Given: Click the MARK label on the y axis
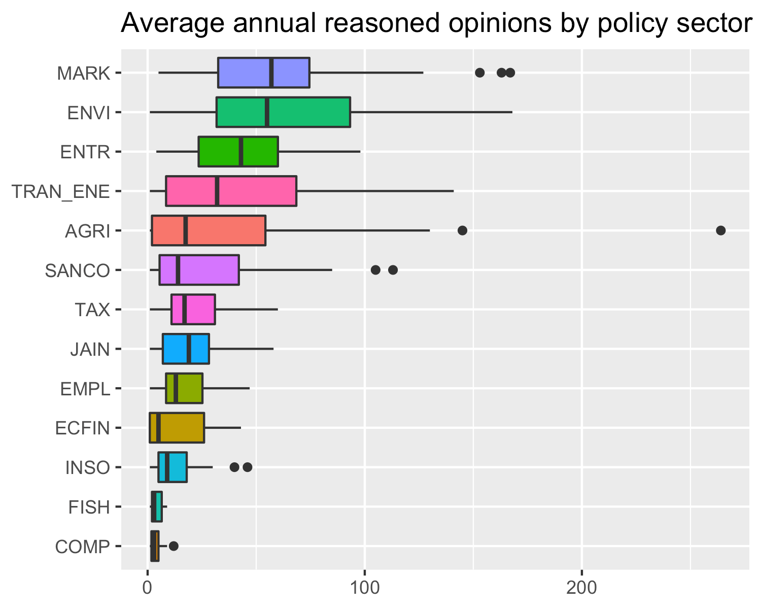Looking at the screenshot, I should coord(83,74).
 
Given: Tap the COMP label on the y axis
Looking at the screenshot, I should coord(82,547).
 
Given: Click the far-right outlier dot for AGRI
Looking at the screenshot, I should coord(720,230).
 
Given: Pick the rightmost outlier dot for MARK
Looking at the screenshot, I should coord(510,73).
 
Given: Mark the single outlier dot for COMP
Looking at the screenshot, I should coord(174,546).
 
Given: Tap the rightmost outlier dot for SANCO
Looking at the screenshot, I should coord(393,269).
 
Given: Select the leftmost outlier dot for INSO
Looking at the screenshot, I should coord(234,467).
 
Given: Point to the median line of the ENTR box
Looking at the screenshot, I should coord(240,151).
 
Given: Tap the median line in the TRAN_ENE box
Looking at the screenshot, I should coord(217,191).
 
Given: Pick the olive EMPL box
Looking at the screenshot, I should coord(189,388).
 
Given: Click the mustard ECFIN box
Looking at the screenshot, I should coord(182,428).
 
